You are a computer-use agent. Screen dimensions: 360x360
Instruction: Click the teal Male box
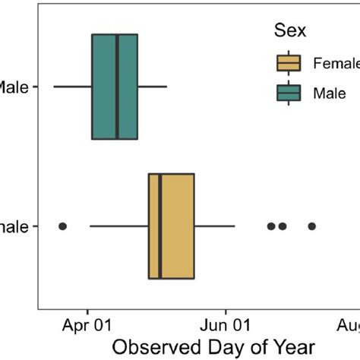pos(104,87)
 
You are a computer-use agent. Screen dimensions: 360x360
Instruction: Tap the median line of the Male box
pos(117,87)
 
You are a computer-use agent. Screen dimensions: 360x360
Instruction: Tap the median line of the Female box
pos(160,226)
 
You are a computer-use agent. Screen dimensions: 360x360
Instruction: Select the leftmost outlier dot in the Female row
pos(63,226)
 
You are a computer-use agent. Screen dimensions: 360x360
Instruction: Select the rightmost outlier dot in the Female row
pos(311,226)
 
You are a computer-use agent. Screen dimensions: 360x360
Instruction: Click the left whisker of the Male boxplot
pos(72,87)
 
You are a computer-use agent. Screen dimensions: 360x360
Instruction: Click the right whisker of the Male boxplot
pos(152,87)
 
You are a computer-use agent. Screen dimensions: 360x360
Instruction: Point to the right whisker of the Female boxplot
pos(214,226)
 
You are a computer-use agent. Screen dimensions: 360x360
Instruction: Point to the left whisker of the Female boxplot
pos(119,226)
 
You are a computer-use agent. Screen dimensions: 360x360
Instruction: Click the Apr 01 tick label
pos(87,327)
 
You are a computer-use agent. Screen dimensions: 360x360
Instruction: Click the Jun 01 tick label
pos(226,327)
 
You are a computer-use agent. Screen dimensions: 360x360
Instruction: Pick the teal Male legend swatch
pos(290,92)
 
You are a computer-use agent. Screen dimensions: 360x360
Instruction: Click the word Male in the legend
pos(329,92)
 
